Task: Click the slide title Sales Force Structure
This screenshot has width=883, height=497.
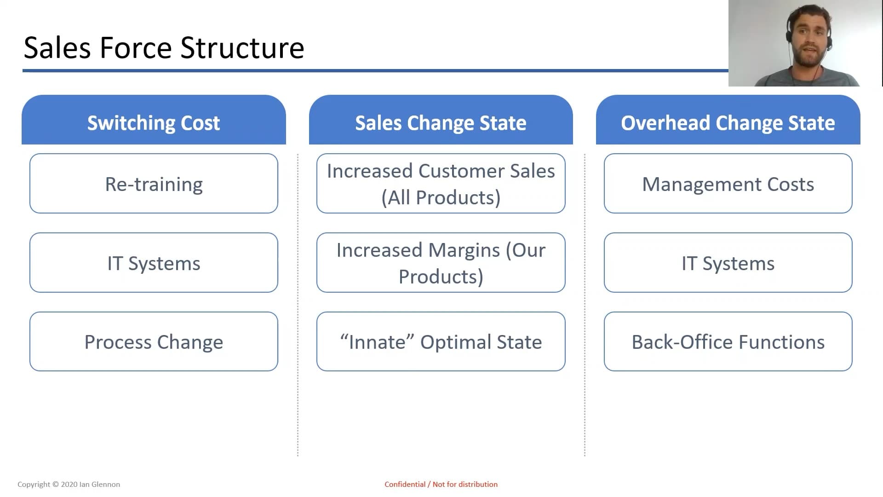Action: pos(164,48)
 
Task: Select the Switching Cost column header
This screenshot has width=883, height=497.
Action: pos(154,120)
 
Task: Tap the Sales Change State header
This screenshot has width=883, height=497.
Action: pos(441,120)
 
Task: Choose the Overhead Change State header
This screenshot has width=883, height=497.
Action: pos(728,120)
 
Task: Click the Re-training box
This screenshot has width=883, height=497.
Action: pos(154,184)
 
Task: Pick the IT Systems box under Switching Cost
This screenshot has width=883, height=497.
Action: pos(154,263)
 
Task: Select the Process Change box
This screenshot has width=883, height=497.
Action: pos(154,342)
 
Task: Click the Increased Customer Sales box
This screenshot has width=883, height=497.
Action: pos(441,184)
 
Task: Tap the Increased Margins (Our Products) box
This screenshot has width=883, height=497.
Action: pos(441,263)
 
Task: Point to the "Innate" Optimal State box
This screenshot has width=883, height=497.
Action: pos(441,342)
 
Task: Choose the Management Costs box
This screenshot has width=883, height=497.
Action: pos(728,184)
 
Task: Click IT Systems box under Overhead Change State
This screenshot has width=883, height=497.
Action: pos(728,263)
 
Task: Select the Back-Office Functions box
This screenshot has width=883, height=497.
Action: pos(728,342)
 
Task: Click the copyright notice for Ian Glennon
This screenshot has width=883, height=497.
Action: pos(69,484)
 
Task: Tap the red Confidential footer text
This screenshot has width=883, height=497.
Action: pos(441,484)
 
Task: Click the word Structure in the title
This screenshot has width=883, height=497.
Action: pos(242,48)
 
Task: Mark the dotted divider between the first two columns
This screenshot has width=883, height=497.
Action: pos(298,305)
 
